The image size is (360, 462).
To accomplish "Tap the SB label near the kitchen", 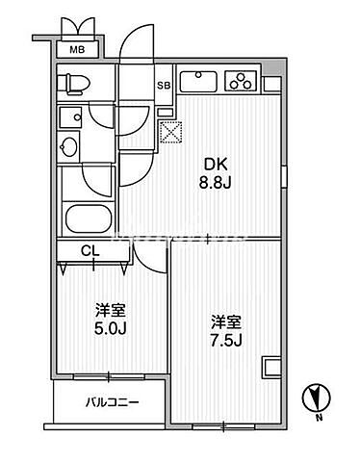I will (x=164, y=85).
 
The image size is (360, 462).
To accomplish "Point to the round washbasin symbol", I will (x=69, y=147).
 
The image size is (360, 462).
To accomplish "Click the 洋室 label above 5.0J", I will (x=108, y=311).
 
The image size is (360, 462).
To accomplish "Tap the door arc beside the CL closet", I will (x=146, y=255).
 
